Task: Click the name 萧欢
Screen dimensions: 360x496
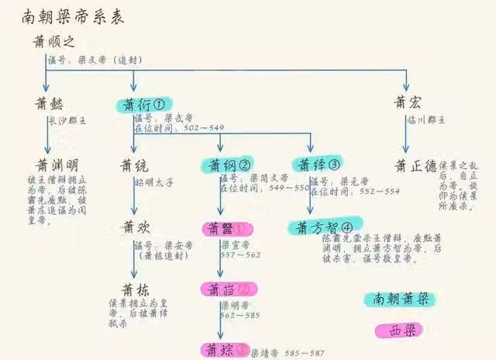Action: (133, 228)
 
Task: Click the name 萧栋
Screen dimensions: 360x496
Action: (133, 289)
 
